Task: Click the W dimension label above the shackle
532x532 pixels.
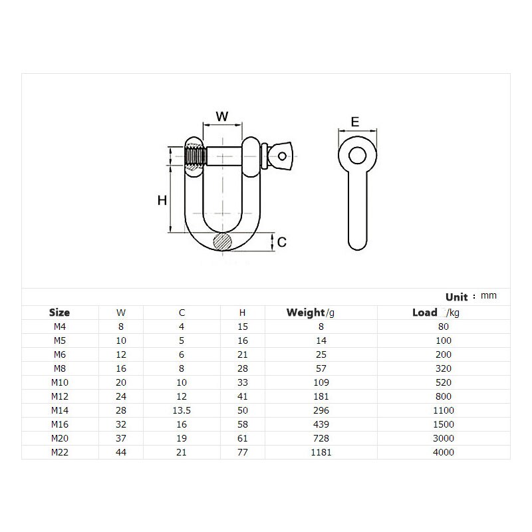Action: (222, 116)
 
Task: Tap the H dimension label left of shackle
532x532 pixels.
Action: (162, 200)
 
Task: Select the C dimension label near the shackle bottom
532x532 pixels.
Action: (282, 242)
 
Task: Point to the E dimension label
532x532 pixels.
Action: (355, 122)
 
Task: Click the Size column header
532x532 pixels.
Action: (59, 312)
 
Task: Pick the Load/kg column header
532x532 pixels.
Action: (435, 312)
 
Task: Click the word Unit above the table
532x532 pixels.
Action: (457, 297)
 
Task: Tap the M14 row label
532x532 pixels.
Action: (59, 410)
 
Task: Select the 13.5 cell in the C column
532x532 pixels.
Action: (182, 410)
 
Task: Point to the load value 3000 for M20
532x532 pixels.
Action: (444, 438)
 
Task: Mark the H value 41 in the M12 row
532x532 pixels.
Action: (243, 396)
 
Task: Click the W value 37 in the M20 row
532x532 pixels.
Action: (120, 438)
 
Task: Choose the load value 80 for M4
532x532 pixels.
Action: (444, 327)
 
